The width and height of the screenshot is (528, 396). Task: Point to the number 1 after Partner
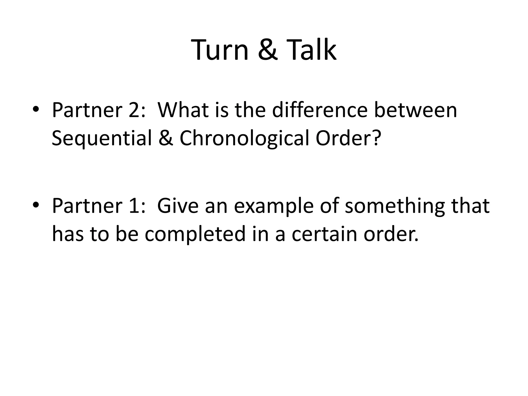tap(134, 206)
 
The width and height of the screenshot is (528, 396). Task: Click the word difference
tap(320, 110)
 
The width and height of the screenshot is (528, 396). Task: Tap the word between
tap(416, 110)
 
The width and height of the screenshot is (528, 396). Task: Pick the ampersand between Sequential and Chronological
tap(166, 138)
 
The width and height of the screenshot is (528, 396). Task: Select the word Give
tap(178, 206)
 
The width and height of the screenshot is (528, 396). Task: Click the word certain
tap(324, 234)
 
